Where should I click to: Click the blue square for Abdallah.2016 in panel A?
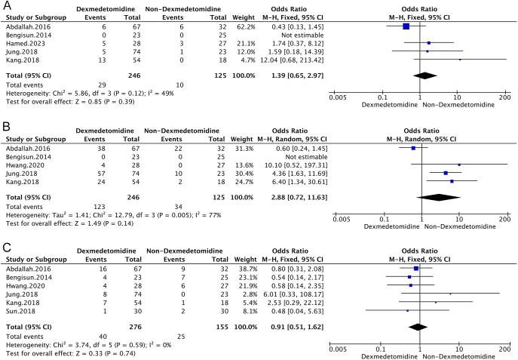tap(406, 26)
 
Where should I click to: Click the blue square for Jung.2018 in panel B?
tap(446, 173)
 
